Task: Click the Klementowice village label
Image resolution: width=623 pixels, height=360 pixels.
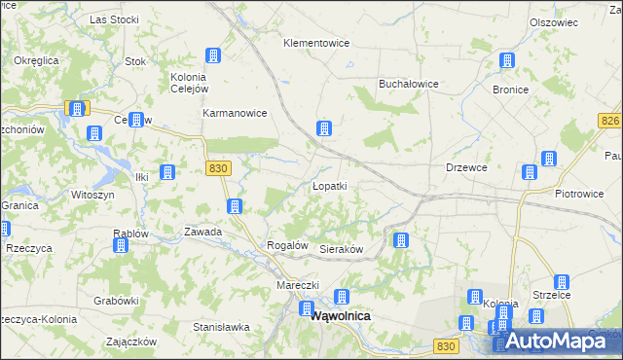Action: pos(316,43)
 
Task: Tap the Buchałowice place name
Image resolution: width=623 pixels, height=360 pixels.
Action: pos(409,84)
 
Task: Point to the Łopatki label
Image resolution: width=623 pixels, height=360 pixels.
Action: pos(329,185)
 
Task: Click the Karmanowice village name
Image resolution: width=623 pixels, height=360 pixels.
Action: pos(235,113)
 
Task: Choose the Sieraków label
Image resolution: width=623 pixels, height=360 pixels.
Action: pos(342,250)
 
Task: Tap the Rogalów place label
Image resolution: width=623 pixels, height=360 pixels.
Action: pos(287,246)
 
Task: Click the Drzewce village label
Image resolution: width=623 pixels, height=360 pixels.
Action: pos(466,167)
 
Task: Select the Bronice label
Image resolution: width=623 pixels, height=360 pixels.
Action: pos(510,90)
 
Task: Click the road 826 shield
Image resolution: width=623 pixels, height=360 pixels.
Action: pos(610,120)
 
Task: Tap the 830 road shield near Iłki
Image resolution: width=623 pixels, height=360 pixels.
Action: pos(218,168)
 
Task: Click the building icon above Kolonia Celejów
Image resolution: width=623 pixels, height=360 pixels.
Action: pos(213,57)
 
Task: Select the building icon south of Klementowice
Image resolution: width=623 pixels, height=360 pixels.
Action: pos(324,128)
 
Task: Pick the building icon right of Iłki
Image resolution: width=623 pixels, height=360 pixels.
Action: pos(167,173)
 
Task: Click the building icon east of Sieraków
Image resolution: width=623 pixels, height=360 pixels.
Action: pos(399,240)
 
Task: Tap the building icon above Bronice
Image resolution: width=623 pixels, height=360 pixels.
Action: pos(506,61)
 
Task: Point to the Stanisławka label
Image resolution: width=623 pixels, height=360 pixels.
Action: pos(222,327)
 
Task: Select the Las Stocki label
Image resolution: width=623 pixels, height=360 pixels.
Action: pos(112,18)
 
